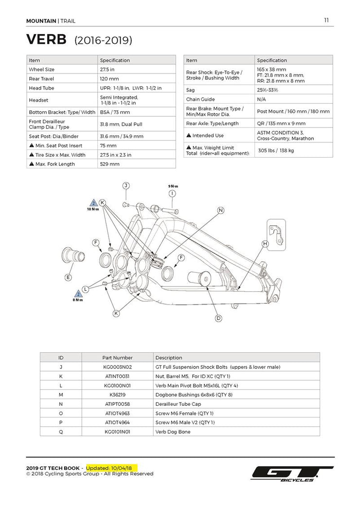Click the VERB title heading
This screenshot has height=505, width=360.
[x=46, y=39]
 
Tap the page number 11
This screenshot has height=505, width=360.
[x=326, y=20]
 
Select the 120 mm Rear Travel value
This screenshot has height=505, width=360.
[x=109, y=79]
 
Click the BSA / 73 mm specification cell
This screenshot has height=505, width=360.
[x=115, y=112]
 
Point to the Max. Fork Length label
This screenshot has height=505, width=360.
[x=55, y=164]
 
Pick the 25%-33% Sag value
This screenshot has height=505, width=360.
[x=267, y=90]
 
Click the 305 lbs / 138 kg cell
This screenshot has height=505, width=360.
[x=276, y=150]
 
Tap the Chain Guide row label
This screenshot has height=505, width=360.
[x=200, y=99]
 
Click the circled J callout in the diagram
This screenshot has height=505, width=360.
[x=126, y=185]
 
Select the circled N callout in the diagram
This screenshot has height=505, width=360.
[x=220, y=210]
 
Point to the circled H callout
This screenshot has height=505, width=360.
[x=265, y=243]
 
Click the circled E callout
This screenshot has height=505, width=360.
[x=68, y=277]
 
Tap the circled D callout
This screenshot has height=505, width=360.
[x=218, y=318]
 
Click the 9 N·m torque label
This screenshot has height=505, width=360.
[x=173, y=186]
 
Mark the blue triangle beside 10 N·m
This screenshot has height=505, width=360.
[x=93, y=202]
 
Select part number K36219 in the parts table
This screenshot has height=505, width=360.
[x=117, y=395]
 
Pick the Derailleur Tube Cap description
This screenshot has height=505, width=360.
[x=178, y=404]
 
